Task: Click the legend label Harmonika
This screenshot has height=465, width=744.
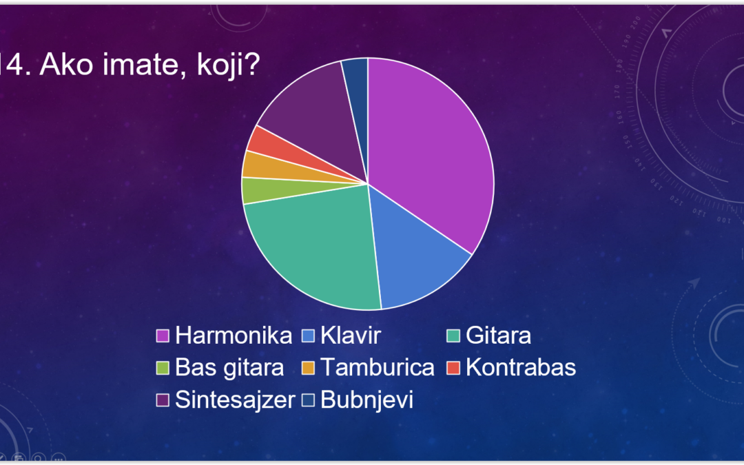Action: tap(234, 335)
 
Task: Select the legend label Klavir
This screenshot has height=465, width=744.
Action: tap(351, 335)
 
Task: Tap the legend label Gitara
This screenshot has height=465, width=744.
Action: tap(498, 335)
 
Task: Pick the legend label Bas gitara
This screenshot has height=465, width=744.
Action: tap(229, 368)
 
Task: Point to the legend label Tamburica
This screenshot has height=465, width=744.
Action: tap(378, 368)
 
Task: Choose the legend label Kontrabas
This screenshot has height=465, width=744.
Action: tap(521, 368)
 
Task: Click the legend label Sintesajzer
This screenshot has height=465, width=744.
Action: tap(235, 400)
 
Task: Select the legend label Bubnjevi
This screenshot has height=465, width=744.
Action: tap(366, 400)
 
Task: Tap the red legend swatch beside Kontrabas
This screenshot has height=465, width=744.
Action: tap(453, 368)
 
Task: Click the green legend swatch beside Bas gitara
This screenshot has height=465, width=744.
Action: tap(163, 368)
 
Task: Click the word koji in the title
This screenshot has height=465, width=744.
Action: tap(228, 65)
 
